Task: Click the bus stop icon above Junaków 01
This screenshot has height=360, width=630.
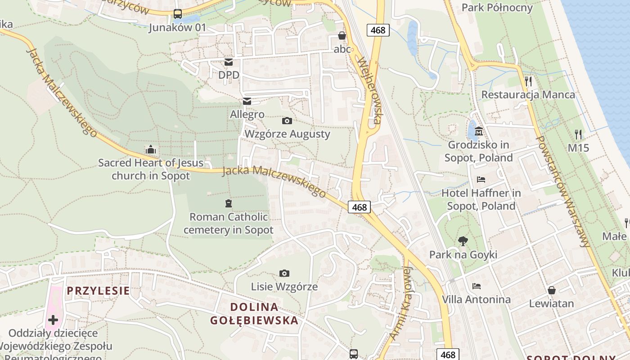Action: pyautogui.click(x=178, y=14)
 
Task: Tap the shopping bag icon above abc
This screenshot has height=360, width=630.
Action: pyautogui.click(x=342, y=35)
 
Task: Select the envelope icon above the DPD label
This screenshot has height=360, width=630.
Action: pyautogui.click(x=229, y=62)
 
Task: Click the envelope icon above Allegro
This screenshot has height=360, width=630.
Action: pyautogui.click(x=247, y=101)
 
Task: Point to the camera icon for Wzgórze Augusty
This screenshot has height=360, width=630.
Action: pyautogui.click(x=287, y=121)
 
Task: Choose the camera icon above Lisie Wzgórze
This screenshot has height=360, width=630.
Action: pyautogui.click(x=284, y=273)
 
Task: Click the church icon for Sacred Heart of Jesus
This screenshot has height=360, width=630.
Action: pyautogui.click(x=151, y=149)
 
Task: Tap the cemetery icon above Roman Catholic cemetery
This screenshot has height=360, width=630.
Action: pyautogui.click(x=228, y=203)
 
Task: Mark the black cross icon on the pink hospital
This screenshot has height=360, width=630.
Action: pyautogui.click(x=53, y=320)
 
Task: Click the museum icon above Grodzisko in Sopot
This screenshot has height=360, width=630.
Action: pyautogui.click(x=478, y=131)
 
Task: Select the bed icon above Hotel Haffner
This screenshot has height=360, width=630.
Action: pyautogui.click(x=481, y=180)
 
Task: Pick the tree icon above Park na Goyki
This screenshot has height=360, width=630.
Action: pyautogui.click(x=463, y=241)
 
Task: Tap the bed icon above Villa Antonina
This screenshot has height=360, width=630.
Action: pyautogui.click(x=476, y=286)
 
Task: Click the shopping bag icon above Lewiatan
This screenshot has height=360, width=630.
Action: pyautogui.click(x=551, y=290)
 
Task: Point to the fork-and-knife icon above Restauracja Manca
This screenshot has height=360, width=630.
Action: pyautogui.click(x=528, y=81)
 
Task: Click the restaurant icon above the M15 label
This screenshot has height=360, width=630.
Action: pyautogui.click(x=578, y=134)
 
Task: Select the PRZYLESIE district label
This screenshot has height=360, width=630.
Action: pyautogui.click(x=98, y=291)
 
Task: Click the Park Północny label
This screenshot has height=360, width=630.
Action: pyautogui.click(x=497, y=8)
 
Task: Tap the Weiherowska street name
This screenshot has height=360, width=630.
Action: pyautogui.click(x=370, y=90)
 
